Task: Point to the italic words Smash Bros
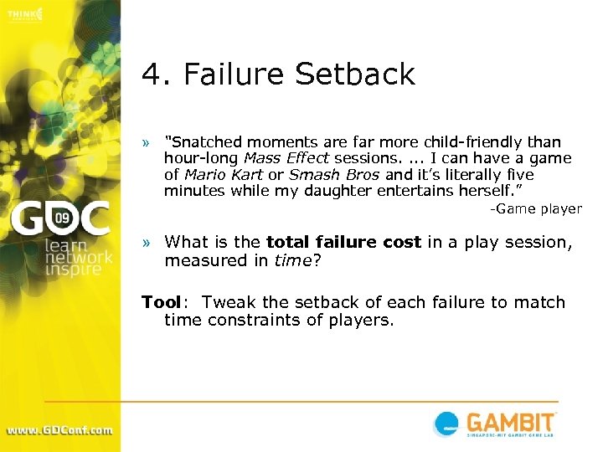pos(334,175)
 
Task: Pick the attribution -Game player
pos(535,209)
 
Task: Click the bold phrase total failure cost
pos(343,242)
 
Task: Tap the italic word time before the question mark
pos(293,260)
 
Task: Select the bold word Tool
pos(161,302)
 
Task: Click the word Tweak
pos(229,302)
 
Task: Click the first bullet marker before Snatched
pos(147,143)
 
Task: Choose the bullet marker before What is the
pos(147,243)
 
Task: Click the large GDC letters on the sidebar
pos(59,219)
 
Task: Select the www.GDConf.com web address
pos(59,430)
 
